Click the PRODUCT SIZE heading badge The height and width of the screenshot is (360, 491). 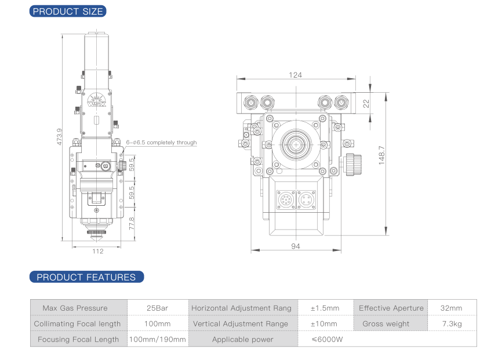pyautogui.click(x=68, y=11)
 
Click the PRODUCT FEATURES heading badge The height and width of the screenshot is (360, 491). pyautogui.click(x=86, y=277)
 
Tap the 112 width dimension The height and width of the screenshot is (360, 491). pyautogui.click(x=97, y=251)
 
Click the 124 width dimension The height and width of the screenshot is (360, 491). pyautogui.click(x=296, y=75)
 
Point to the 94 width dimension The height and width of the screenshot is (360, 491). pyautogui.click(x=296, y=246)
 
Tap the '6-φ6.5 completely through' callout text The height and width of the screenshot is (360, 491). pyautogui.click(x=162, y=143)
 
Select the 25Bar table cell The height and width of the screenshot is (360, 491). pyautogui.click(x=157, y=308)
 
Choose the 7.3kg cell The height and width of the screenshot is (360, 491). pyautogui.click(x=452, y=323)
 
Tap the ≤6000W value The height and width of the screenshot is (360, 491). pyautogui.click(x=327, y=339)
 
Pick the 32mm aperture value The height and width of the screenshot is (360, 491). pyautogui.click(x=452, y=308)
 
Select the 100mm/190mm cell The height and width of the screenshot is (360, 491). pyautogui.click(x=158, y=339)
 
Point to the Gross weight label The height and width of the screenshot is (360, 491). pyautogui.click(x=385, y=323)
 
